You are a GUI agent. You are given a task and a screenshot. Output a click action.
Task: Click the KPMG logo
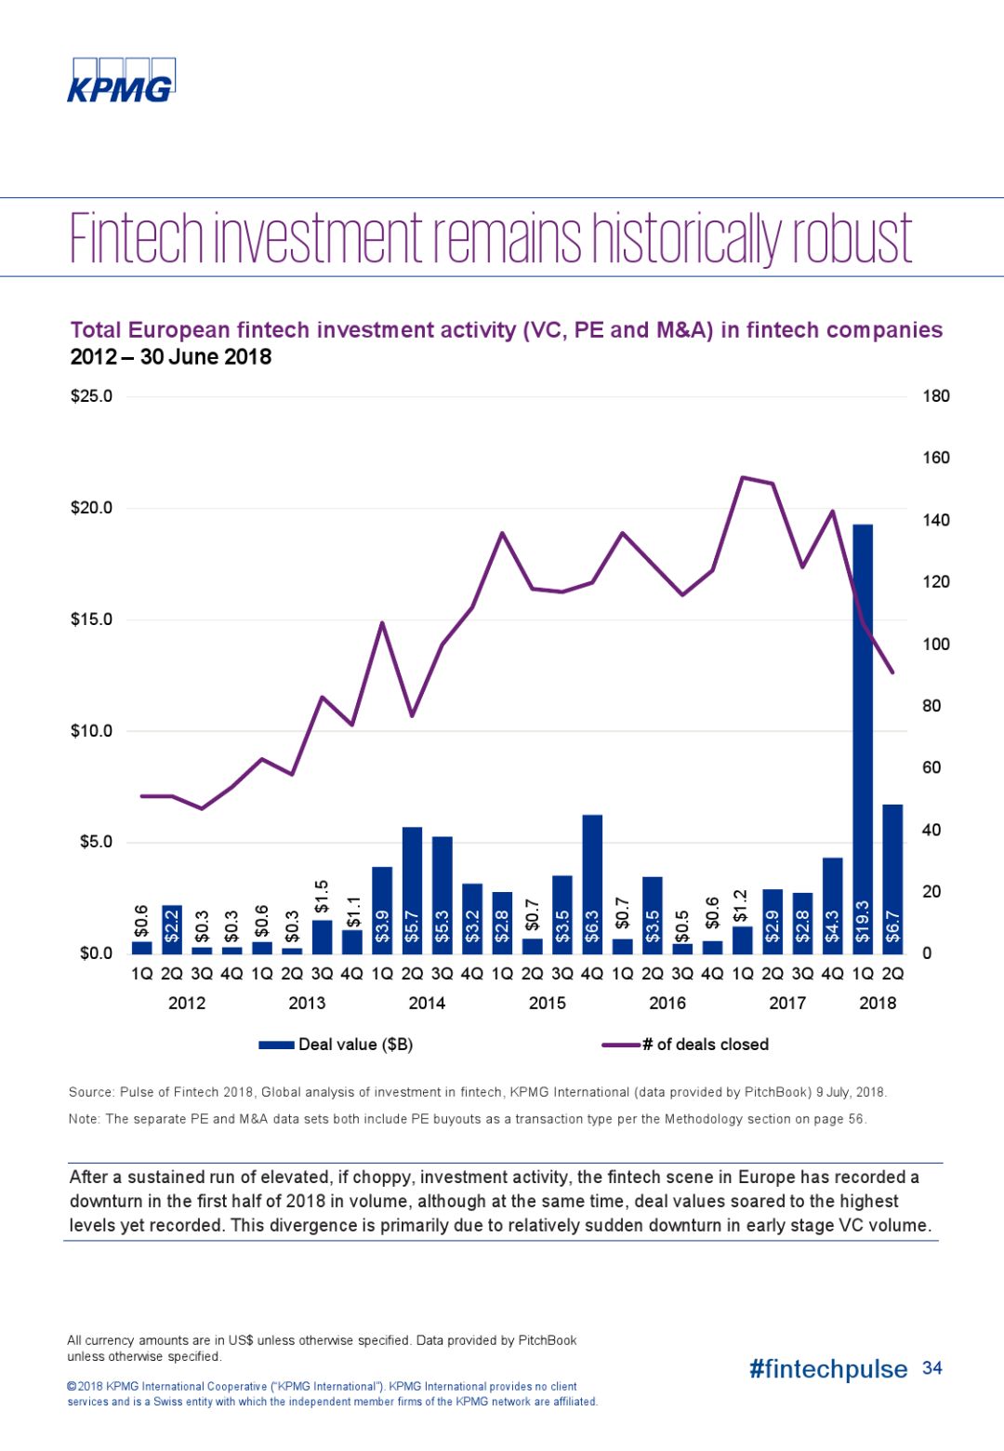[121, 81]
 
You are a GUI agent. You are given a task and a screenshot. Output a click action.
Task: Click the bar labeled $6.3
[592, 884]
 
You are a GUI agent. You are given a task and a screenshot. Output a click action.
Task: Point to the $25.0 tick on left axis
[91, 396]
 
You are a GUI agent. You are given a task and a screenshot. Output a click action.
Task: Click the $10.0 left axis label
[91, 731]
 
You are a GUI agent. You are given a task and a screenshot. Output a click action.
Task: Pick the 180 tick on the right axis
[935, 396]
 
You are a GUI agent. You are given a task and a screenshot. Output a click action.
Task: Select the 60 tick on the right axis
[931, 767]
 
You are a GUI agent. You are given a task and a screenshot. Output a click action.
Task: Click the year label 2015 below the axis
[547, 1003]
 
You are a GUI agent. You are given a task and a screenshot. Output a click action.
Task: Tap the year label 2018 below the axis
[877, 1003]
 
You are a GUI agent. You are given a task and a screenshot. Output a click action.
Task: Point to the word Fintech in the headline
[137, 239]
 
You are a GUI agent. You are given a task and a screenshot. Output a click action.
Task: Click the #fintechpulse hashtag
[827, 1369]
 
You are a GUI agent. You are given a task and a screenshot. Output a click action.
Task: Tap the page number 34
[931, 1368]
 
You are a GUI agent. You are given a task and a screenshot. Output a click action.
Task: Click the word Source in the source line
[92, 1092]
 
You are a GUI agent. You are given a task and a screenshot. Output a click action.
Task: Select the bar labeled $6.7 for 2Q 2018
[892, 879]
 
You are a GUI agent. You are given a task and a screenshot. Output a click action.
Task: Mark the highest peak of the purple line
[742, 477]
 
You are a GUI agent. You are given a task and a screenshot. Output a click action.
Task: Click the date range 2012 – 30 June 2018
[171, 357]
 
